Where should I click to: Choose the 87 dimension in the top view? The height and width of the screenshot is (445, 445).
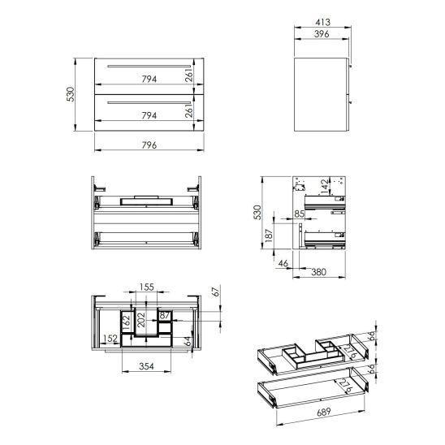[x=165, y=314]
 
